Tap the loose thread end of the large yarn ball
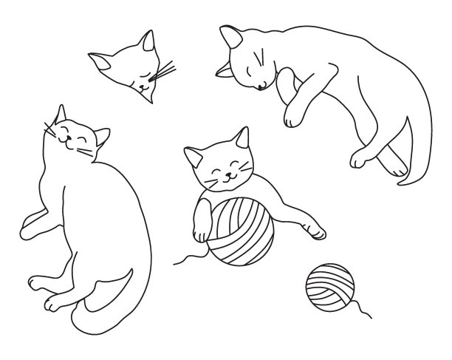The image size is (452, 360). click(175, 263)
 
